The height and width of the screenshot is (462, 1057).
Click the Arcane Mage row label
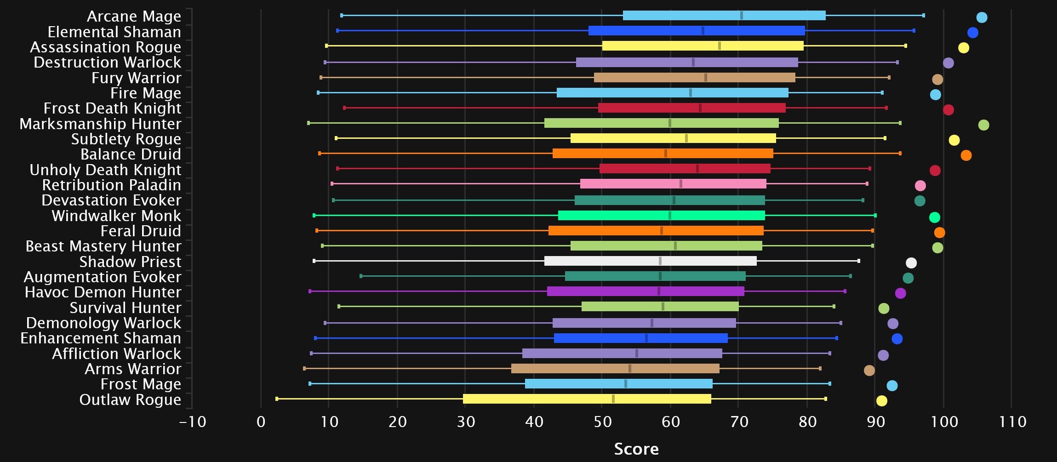(x=134, y=17)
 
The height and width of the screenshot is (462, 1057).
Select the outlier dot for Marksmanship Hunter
(x=983, y=125)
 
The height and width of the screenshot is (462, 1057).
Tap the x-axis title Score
(x=636, y=449)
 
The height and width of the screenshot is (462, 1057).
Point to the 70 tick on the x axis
(x=739, y=422)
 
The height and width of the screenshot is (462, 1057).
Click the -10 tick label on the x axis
(x=193, y=422)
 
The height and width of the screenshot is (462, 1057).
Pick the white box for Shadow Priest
(x=650, y=261)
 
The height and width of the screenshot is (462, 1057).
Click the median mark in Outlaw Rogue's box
(x=613, y=399)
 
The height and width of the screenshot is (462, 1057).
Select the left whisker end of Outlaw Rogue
(x=277, y=399)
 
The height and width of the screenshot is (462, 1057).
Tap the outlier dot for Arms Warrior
(x=869, y=371)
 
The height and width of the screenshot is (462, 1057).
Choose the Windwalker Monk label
(x=116, y=216)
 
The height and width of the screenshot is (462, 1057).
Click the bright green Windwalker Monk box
(x=661, y=216)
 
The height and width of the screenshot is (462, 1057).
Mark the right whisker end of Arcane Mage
(x=923, y=16)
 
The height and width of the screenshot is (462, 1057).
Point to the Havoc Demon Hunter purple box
(x=646, y=291)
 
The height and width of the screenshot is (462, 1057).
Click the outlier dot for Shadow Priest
(x=911, y=263)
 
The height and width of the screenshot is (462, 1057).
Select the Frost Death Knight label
(x=112, y=108)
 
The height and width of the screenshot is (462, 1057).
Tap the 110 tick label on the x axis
(x=1012, y=422)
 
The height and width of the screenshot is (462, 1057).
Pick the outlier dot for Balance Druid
(x=966, y=155)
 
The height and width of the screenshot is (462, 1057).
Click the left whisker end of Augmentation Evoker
(x=361, y=276)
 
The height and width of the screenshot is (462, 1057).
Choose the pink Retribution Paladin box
(x=673, y=184)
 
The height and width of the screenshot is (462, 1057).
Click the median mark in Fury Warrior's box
(x=706, y=78)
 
